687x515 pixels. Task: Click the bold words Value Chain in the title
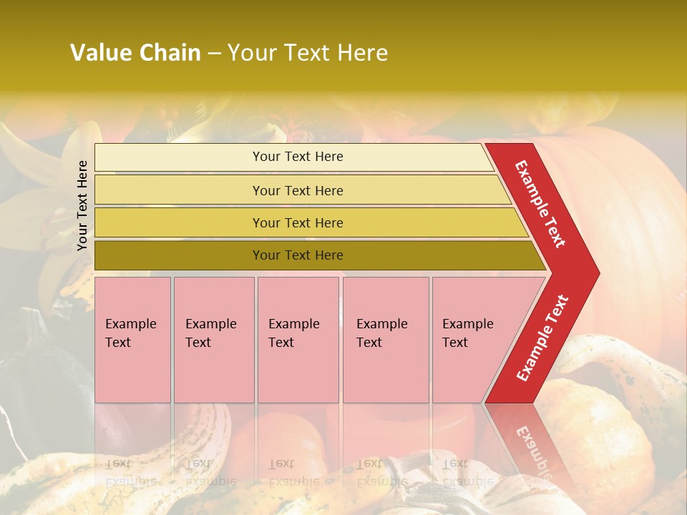(x=135, y=53)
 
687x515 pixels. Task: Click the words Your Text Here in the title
(x=308, y=53)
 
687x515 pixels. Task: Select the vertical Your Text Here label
(x=82, y=205)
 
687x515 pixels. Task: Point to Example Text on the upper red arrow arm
(x=540, y=204)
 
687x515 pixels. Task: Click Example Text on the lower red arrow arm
(x=542, y=338)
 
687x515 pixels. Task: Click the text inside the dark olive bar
(x=298, y=255)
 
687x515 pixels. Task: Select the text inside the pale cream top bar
(x=298, y=157)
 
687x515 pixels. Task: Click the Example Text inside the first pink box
(x=130, y=333)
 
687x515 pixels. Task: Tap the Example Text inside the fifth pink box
(x=467, y=333)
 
